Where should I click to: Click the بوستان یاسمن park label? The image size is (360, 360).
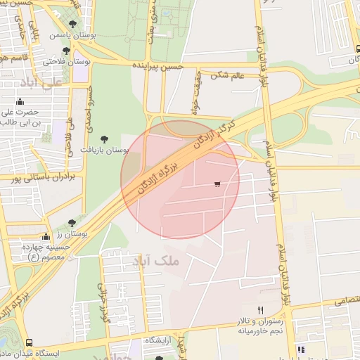click(x=71, y=34)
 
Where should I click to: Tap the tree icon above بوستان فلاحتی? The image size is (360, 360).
click(x=65, y=51)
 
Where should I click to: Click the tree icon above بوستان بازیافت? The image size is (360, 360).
click(x=105, y=139)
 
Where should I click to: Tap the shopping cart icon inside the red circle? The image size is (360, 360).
click(x=217, y=184)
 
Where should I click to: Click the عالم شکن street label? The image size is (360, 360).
click(x=228, y=74)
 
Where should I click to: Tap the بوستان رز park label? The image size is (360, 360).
click(x=70, y=234)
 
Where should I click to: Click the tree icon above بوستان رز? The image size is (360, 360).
click(x=72, y=223)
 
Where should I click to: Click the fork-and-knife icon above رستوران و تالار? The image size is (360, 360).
click(x=260, y=310)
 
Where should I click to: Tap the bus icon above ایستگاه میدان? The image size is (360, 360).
click(x=29, y=343)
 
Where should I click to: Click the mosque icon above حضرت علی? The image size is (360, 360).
click(x=30, y=100)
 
